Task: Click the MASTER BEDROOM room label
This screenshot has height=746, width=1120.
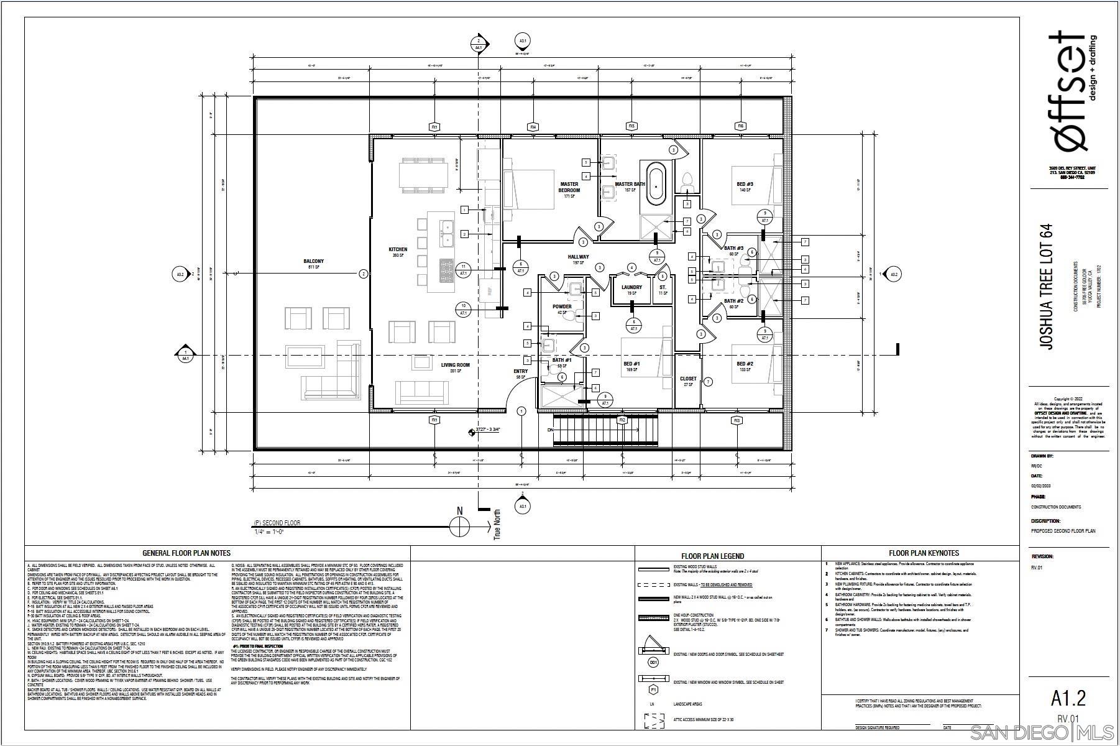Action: coord(569,186)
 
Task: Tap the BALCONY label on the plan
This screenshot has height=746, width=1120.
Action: coord(314,262)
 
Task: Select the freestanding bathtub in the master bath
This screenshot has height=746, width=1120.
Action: coord(656,184)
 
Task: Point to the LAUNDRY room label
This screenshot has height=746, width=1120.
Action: coord(631,287)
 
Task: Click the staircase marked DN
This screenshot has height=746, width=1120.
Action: coord(605,430)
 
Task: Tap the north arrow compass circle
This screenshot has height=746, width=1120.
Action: coord(460,527)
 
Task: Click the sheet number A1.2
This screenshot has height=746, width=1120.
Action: coord(1068,698)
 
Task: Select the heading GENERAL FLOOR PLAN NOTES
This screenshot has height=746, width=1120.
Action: coord(186,553)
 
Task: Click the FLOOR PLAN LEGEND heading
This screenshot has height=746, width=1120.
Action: coord(712,556)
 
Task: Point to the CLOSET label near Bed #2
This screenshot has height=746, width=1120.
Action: coord(688,379)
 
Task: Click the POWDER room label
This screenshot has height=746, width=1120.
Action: coord(562,306)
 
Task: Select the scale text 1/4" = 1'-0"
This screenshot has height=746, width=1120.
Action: coord(270,532)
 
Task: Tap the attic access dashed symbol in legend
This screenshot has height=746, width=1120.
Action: coord(654,721)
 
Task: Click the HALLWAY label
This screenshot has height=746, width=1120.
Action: coord(578,257)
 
